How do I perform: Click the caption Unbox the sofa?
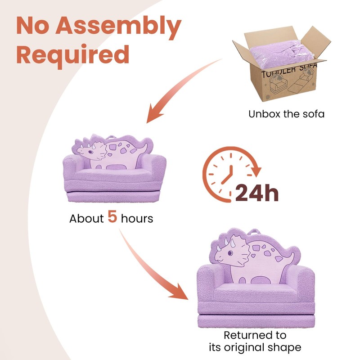click(286, 114)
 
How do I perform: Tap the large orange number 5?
click(112, 218)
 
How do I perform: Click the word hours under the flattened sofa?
click(137, 219)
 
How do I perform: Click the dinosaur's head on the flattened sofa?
click(88, 151)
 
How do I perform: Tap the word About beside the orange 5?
click(86, 219)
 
